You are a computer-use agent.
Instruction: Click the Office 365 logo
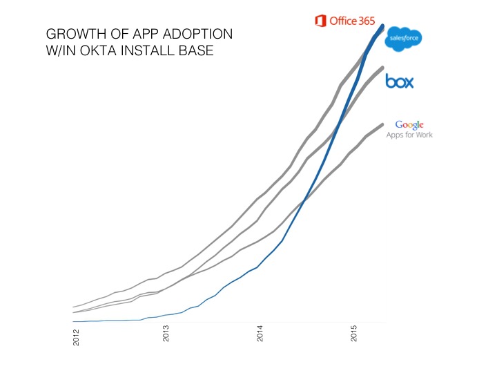tap(344, 21)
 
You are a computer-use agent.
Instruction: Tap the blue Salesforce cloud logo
tap(404, 39)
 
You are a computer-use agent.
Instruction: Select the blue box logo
tap(400, 82)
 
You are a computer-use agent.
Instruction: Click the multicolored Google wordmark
tap(409, 125)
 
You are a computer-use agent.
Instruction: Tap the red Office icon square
tap(320, 21)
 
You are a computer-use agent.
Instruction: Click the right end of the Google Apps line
tap(382, 125)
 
